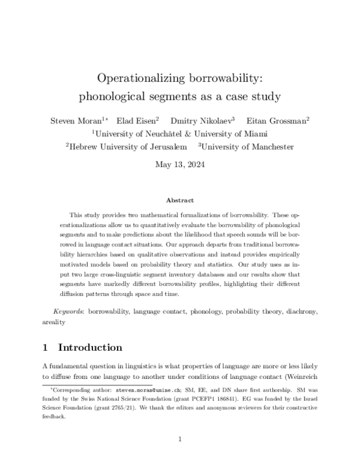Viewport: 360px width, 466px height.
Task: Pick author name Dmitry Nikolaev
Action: [201, 120]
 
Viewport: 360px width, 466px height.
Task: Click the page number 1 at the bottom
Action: [180, 440]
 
